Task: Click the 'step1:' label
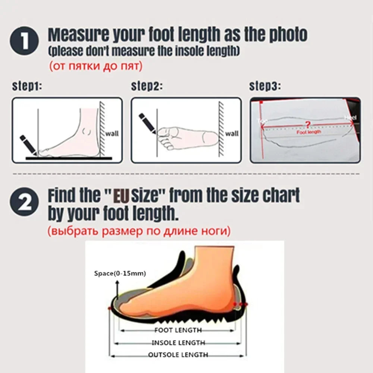point(27,87)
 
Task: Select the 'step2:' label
point(147,87)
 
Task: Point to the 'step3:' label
point(264,87)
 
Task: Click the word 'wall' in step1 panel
point(112,133)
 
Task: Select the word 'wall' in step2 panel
point(232,133)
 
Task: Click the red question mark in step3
point(308,124)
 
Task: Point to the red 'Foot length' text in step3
point(308,132)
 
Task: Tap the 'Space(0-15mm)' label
point(120,274)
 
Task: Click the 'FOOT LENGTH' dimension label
point(178,330)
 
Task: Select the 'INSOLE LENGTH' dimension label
point(178,342)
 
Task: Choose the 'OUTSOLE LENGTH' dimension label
point(178,355)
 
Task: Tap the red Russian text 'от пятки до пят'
point(96,66)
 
